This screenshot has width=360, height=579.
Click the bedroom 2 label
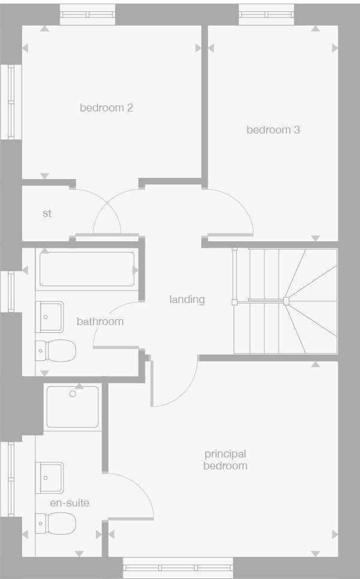pyautogui.click(x=106, y=108)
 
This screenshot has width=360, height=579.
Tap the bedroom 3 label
pyautogui.click(x=273, y=129)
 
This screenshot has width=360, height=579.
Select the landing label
pyautogui.click(x=187, y=299)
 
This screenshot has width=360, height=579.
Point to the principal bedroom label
pyautogui.click(x=225, y=460)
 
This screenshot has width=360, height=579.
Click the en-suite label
pyautogui.click(x=69, y=503)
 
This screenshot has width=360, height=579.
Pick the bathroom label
pyautogui.click(x=100, y=322)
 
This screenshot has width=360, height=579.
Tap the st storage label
pyautogui.click(x=47, y=213)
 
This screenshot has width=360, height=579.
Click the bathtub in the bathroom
pyautogui.click(x=87, y=269)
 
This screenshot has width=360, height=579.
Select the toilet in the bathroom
pyautogui.click(x=56, y=350)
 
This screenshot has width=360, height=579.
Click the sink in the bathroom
pyautogui.click(x=50, y=316)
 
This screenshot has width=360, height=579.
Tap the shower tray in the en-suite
pyautogui.click(x=72, y=407)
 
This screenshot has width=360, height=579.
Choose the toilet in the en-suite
pyautogui.click(x=57, y=523)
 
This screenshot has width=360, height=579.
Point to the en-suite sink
pyautogui.click(x=50, y=477)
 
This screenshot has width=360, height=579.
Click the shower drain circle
pyautogui.click(x=72, y=393)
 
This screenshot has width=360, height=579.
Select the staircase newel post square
pyautogui.click(x=286, y=301)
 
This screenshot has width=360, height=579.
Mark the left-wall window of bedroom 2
pyautogui.click(x=11, y=102)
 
